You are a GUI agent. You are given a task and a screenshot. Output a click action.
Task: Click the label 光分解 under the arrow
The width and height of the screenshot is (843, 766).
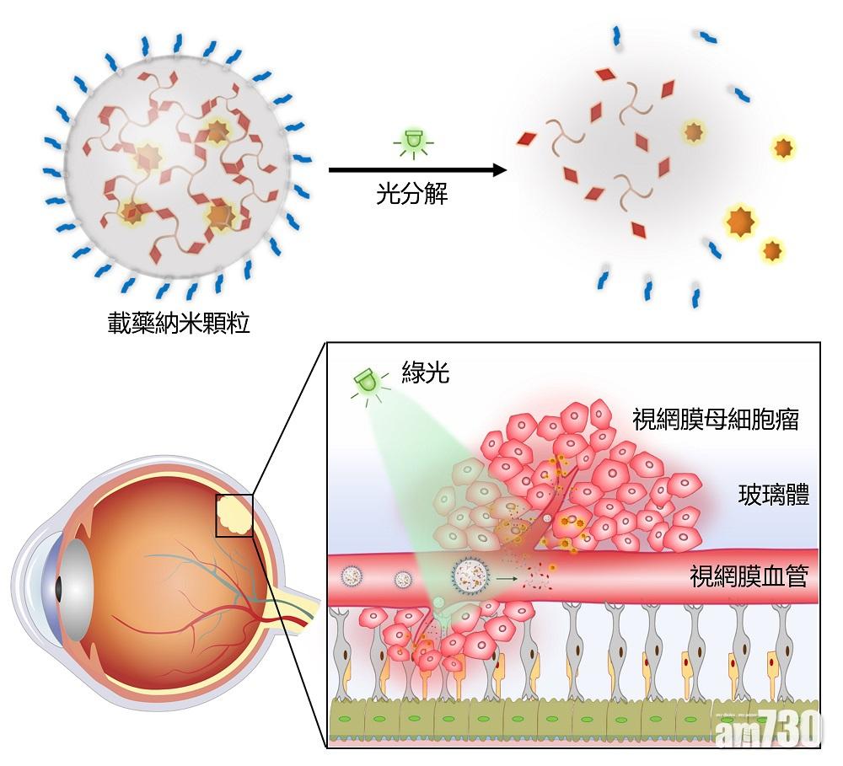tap(411, 196)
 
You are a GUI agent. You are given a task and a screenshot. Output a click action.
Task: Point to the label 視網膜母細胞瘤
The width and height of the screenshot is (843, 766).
tap(716, 419)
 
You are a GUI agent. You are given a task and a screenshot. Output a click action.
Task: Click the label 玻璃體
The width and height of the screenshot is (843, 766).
tap(773, 495)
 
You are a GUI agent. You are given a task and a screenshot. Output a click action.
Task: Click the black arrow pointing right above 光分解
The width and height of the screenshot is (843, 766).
tap(416, 170)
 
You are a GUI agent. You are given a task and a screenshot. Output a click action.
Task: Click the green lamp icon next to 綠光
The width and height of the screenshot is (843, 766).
tap(368, 385)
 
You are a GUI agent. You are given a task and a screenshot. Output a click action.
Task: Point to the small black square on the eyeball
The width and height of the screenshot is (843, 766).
tap(234, 516)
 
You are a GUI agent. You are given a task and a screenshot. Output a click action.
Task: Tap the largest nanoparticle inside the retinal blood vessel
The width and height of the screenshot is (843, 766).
tap(469, 576)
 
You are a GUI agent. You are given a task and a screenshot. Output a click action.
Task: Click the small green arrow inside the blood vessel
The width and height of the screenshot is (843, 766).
tap(506, 578)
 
